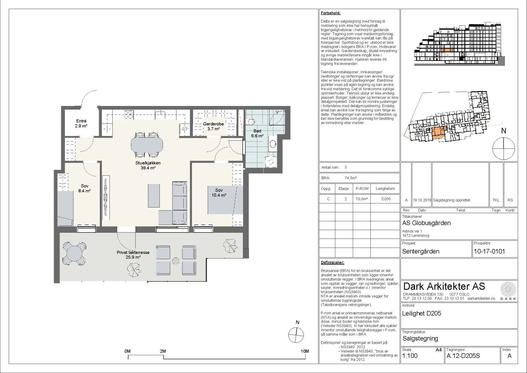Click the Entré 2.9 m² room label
81,123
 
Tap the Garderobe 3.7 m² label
213,126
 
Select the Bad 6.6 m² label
257,133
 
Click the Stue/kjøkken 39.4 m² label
148,165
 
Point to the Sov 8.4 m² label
85,188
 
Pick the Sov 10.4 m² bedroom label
219,193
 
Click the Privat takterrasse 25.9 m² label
133,255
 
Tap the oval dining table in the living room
147,145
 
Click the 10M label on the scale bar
305,351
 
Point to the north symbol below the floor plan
296,335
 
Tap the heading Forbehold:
330,13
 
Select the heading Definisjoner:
332,263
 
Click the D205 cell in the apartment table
386,199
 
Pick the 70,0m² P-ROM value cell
362,199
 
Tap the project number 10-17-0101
489,251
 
